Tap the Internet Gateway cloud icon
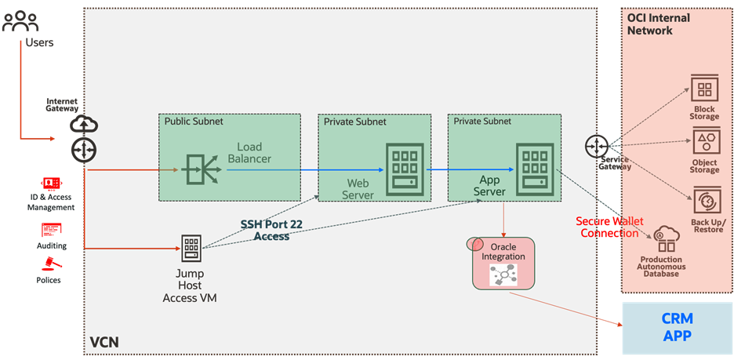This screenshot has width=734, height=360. (x=82, y=124)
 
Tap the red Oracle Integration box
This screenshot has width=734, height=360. (x=503, y=263)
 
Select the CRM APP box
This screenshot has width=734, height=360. (x=676, y=327)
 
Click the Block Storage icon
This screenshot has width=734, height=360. (x=704, y=89)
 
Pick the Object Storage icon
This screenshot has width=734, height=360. (x=704, y=141)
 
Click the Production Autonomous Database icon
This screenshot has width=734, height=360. (x=660, y=236)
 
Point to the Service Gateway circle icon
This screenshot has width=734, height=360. (x=596, y=145)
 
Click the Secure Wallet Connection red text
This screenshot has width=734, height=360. (x=609, y=227)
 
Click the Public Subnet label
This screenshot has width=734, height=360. (x=193, y=122)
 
